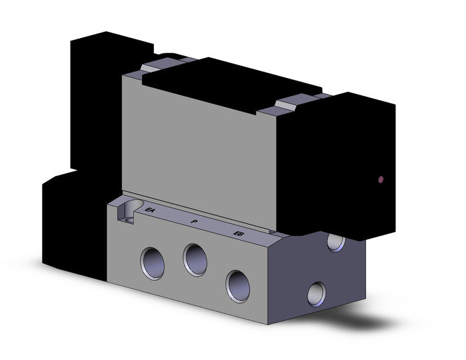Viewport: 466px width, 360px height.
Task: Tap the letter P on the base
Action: [194, 221]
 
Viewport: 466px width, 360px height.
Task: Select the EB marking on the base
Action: [239, 233]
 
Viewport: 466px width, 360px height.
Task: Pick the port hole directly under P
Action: [195, 258]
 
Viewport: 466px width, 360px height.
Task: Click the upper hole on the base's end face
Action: [335, 242]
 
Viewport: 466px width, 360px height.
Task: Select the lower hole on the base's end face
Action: [317, 293]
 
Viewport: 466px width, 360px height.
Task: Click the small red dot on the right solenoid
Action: [383, 180]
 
